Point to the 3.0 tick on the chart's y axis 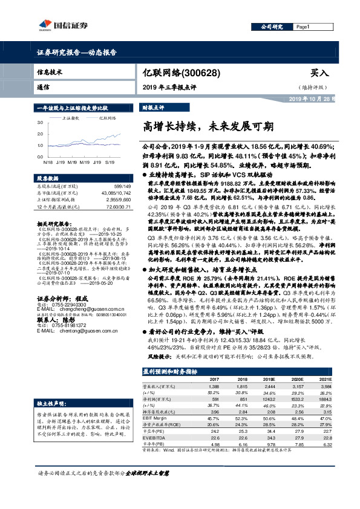tap(41, 123)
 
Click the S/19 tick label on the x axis tap(111, 162)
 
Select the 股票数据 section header tap(48, 180)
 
